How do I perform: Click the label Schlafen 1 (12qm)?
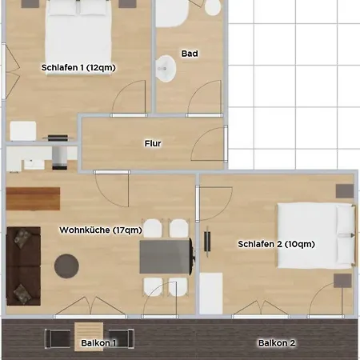pyautogui.click(x=78, y=68)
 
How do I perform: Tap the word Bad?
pyautogui.click(x=190, y=54)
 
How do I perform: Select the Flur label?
pyautogui.click(x=153, y=144)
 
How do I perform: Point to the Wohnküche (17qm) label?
pyautogui.click(x=101, y=230)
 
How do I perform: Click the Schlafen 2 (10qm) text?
pyautogui.click(x=274, y=243)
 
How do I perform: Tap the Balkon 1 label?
pyautogui.click(x=98, y=343)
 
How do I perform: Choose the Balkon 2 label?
pyautogui.click(x=277, y=343)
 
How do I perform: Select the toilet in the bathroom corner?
pyautogui.click(x=212, y=7)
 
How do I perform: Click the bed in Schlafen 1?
pyautogui.click(x=76, y=28)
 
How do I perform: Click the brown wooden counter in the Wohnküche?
pyautogui.click(x=33, y=198)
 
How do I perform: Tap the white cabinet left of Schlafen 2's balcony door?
pyautogui.click(x=210, y=294)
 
